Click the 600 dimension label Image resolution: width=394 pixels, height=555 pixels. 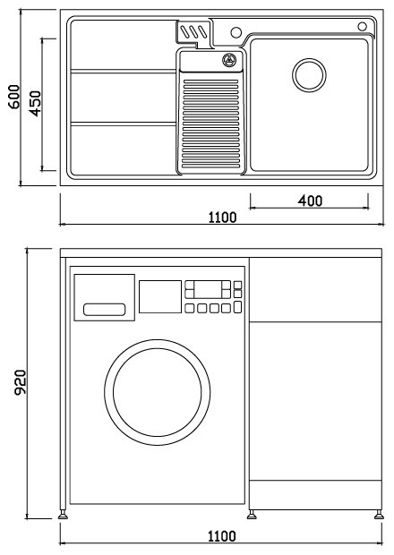click(x=14, y=97)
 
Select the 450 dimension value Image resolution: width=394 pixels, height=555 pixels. click(x=35, y=103)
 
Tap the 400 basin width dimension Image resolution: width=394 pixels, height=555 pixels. click(x=310, y=201)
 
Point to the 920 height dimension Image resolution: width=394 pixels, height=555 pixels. click(x=21, y=382)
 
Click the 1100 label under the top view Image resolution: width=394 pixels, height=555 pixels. click(x=222, y=217)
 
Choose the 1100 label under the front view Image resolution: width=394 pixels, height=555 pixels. click(x=221, y=536)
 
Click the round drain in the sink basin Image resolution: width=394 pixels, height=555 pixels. click(x=309, y=75)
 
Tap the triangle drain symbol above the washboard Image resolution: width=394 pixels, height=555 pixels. click(x=229, y=60)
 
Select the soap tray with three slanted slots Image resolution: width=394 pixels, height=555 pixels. click(x=193, y=32)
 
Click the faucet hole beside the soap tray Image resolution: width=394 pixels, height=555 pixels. click(x=236, y=32)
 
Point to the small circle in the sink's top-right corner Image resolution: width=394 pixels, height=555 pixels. click(x=362, y=26)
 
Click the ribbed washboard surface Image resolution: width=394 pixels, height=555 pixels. click(x=211, y=124)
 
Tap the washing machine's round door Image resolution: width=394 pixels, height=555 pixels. click(x=158, y=392)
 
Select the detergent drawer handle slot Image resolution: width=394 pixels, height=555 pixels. click(x=105, y=310)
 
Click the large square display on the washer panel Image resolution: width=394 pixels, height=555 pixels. click(x=160, y=296)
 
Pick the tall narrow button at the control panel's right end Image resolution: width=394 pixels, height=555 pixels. click(x=237, y=307)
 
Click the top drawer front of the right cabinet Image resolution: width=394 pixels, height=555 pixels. click(x=315, y=289)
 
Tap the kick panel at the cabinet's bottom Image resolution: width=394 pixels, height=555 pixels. click(x=315, y=495)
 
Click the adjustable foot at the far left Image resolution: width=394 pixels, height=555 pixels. click(x=63, y=515)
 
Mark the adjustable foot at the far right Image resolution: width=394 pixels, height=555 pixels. click(x=379, y=515)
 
